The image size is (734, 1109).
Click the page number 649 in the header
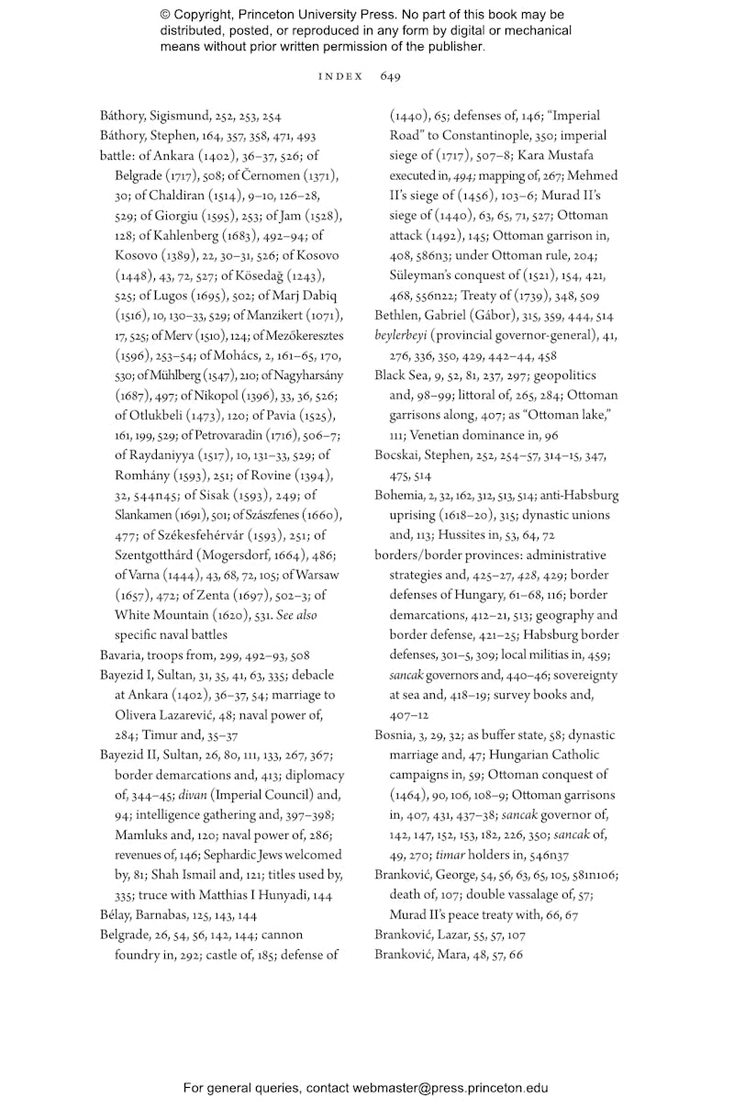click(x=390, y=76)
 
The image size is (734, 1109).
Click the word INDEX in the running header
click(x=339, y=76)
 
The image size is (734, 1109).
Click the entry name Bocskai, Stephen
click(x=417, y=455)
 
